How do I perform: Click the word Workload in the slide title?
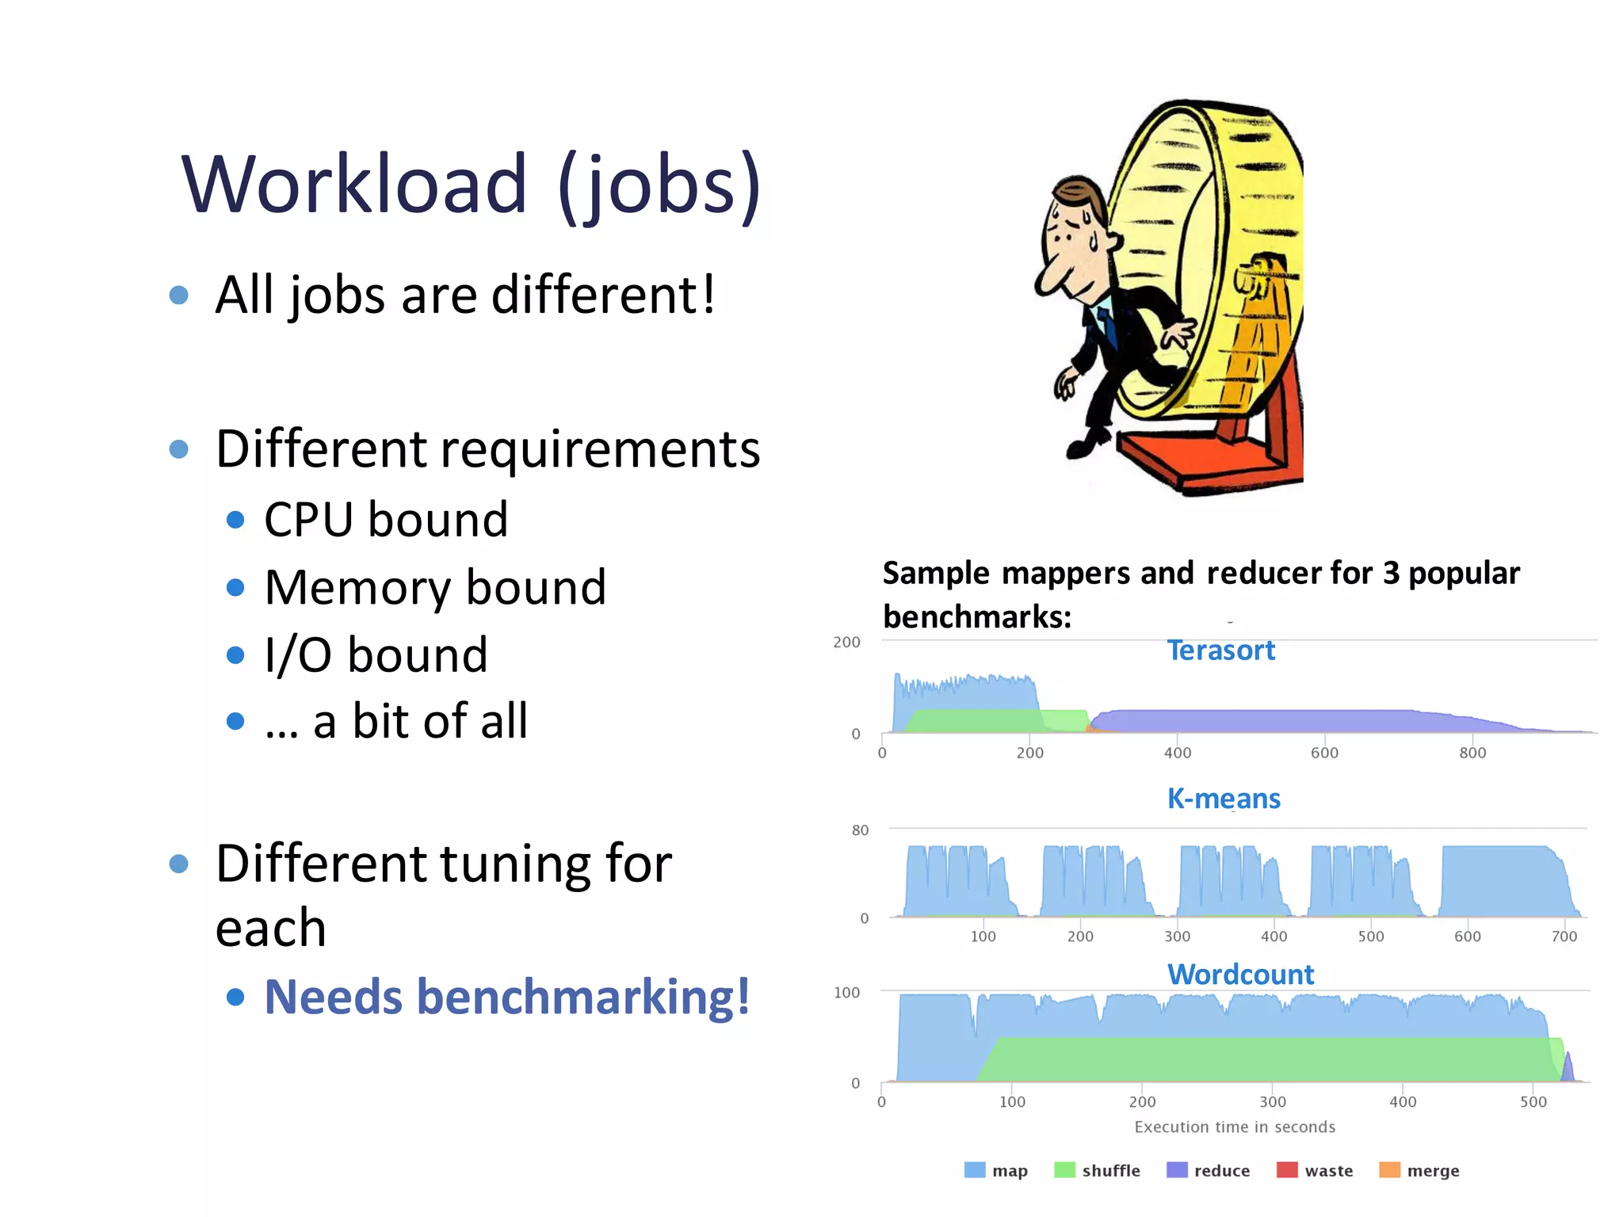point(354,185)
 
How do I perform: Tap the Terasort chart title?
point(1220,650)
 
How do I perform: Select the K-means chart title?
point(1223,799)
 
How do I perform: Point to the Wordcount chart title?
point(1240,975)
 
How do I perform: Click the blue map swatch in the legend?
point(975,1170)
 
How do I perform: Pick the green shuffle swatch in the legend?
point(1064,1170)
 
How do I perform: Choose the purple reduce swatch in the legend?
point(1177,1170)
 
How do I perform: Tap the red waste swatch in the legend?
point(1287,1170)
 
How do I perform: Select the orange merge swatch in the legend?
point(1389,1170)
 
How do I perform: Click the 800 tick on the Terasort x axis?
point(1472,753)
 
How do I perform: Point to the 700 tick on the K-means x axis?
point(1564,937)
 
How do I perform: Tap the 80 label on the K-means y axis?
point(860,830)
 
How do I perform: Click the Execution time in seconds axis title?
point(1234,1127)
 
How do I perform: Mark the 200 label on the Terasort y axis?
point(846,643)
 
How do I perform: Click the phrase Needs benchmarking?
point(507,997)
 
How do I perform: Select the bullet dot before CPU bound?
point(235,520)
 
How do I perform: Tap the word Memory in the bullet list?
point(361,588)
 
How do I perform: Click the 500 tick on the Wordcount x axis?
point(1533,1102)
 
